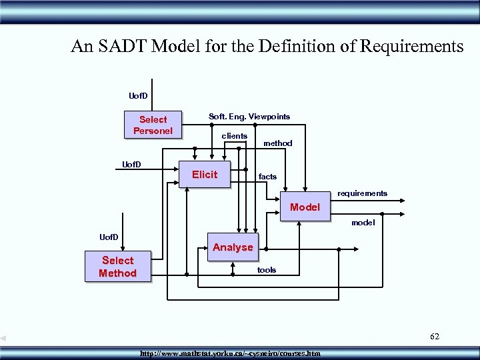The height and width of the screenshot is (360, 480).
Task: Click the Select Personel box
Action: coord(153,125)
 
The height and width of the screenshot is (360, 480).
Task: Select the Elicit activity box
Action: coord(205,175)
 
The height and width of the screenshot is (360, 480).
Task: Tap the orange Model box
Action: coord(305,207)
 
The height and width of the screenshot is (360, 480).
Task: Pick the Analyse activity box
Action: coord(233,247)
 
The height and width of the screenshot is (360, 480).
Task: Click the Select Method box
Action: coord(118,267)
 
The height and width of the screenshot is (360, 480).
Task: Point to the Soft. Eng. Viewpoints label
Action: coord(249,117)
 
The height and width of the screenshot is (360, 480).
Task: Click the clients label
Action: coord(234,136)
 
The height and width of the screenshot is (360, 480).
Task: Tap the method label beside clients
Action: coord(277,143)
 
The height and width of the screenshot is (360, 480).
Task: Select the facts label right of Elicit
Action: coord(267,177)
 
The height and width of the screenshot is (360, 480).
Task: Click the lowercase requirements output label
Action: coord(362,193)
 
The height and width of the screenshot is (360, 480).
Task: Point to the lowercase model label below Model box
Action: coord(363,223)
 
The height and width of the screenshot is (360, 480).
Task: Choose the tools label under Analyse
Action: coord(267,270)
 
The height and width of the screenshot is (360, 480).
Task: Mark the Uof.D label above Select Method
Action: coord(109,237)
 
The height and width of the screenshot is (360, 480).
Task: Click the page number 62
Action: coord(435,337)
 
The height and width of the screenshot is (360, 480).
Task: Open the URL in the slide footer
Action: coord(230,353)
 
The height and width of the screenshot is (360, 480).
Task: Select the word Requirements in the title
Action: coord(411,47)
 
